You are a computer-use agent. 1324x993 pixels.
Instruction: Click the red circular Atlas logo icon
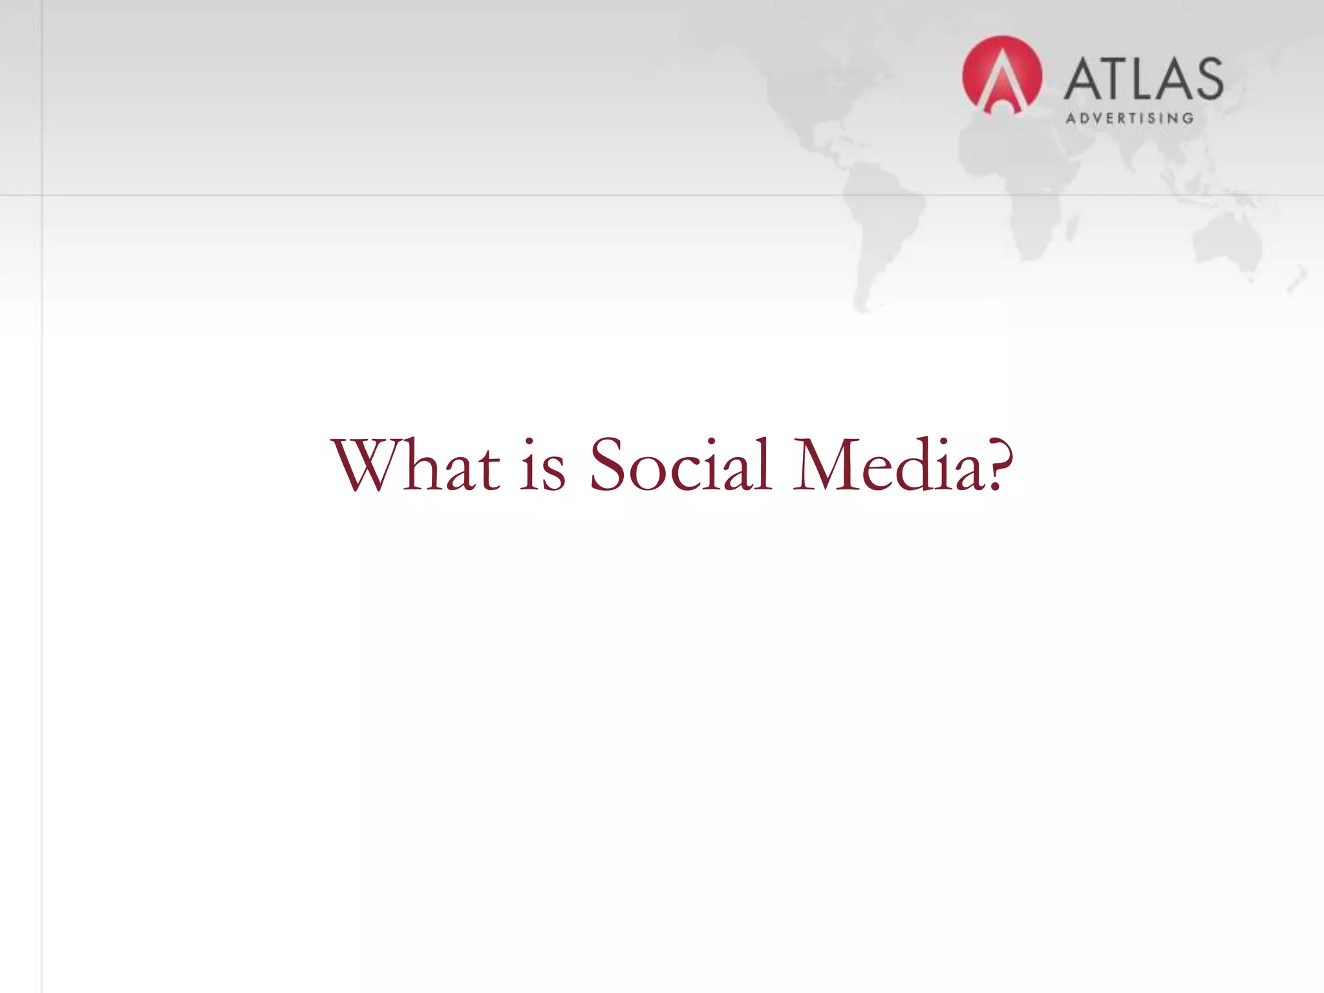(1001, 75)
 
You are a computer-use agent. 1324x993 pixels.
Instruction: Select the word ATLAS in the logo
(1143, 79)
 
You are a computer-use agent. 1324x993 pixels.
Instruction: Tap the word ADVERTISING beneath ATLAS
(1129, 118)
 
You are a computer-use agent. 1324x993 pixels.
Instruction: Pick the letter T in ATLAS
(1111, 79)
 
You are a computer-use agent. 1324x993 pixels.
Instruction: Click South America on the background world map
(882, 213)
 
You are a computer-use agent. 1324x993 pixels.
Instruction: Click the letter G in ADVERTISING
(1187, 118)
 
